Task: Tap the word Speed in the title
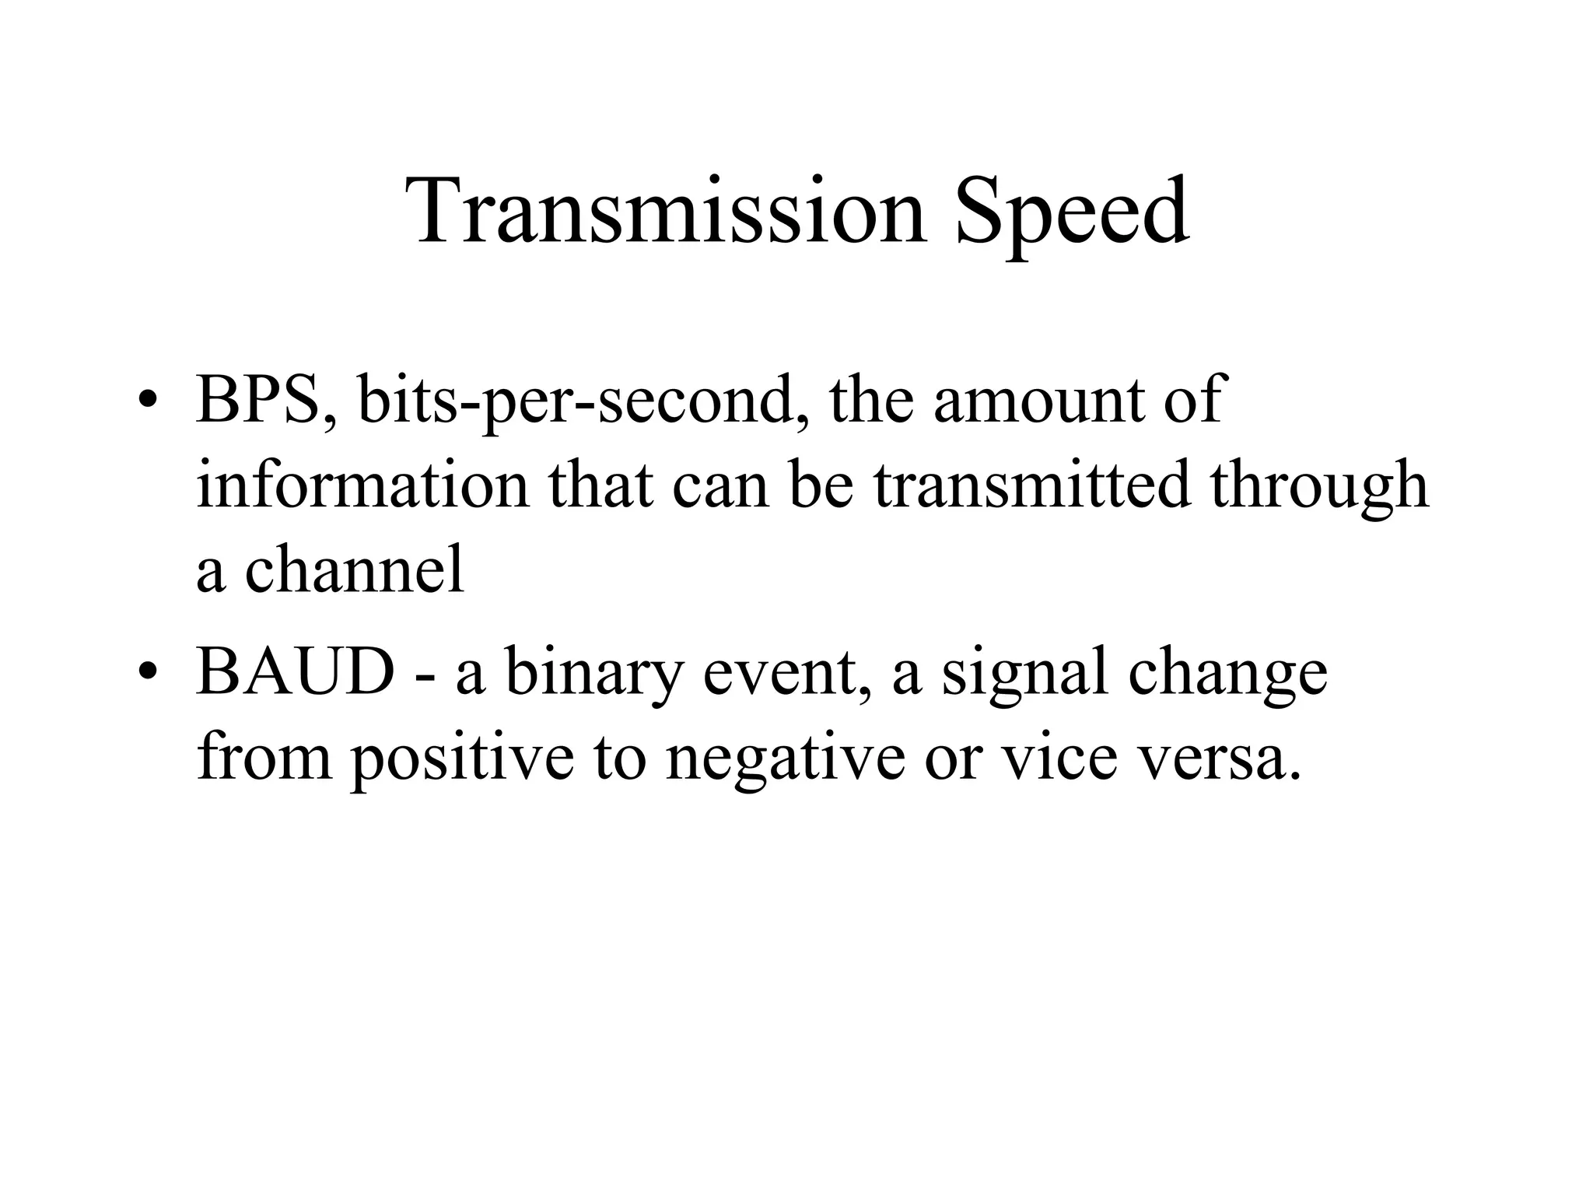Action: tap(1072, 212)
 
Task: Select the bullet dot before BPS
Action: tap(146, 402)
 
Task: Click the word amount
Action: tap(1039, 400)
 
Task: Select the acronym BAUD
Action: tap(296, 672)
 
